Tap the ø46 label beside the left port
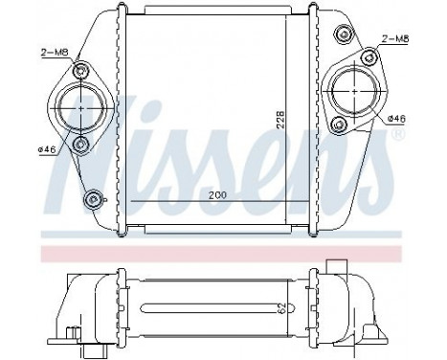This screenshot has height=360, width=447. (x=48, y=149)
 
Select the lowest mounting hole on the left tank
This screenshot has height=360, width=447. (x=92, y=199)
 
